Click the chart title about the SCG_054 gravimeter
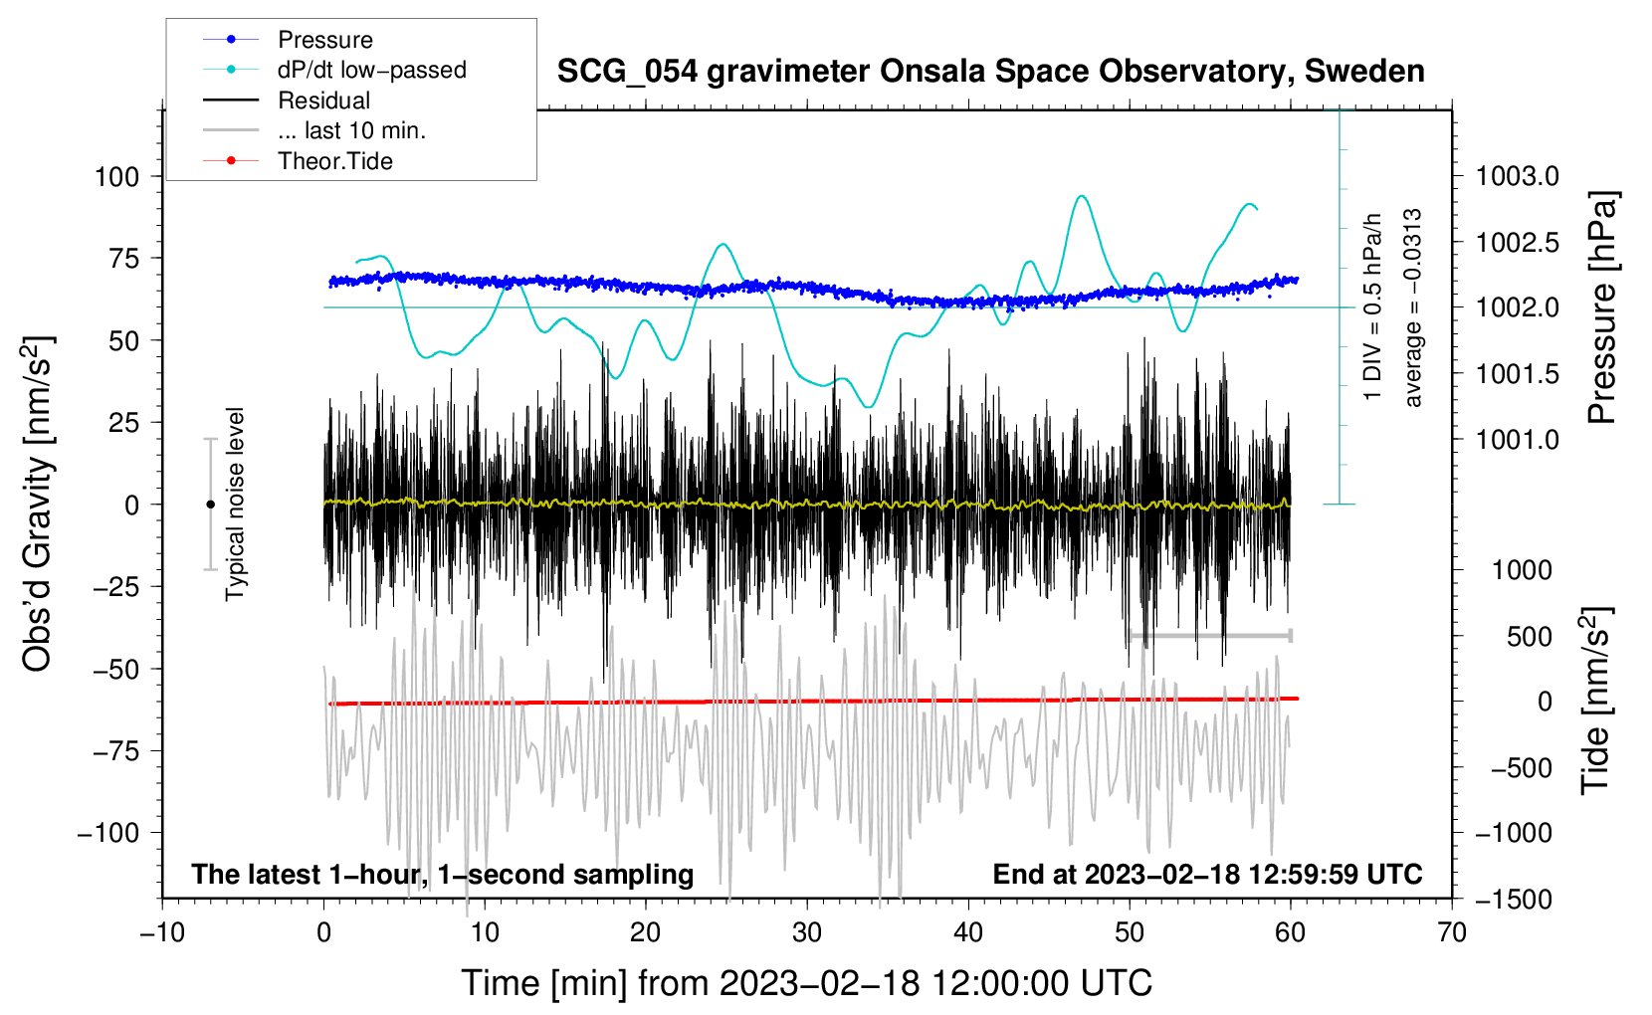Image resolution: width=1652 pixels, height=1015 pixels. point(990,72)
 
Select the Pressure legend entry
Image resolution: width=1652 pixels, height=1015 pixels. point(325,40)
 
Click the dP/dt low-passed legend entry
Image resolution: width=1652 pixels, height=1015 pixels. point(371,70)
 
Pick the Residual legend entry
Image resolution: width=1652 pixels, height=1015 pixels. point(323,101)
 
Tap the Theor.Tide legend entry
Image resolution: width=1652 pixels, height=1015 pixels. point(335,161)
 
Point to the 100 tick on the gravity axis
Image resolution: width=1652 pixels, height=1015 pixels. point(116,177)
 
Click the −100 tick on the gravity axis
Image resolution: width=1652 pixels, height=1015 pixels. point(109,833)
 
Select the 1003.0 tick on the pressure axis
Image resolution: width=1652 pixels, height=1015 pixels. point(1517,177)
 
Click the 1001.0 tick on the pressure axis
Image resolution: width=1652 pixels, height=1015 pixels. point(1517,440)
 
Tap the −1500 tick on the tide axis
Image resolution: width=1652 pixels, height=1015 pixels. point(1514,900)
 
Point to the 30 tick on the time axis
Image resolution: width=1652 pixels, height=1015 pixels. point(807,933)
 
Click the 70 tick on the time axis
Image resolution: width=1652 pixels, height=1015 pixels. point(1452,933)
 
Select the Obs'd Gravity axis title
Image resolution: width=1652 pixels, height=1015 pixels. point(38,505)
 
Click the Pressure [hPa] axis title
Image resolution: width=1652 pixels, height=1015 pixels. point(1601,308)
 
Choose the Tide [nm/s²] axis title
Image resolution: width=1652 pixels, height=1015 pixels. point(1596,702)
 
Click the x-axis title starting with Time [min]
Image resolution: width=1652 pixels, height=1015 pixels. point(806,983)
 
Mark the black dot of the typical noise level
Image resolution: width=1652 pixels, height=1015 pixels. point(210,505)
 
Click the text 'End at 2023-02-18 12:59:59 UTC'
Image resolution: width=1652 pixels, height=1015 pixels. point(1207,875)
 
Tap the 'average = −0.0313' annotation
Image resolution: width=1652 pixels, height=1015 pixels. point(1412,308)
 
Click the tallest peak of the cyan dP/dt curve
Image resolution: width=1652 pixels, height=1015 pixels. point(1082,196)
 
